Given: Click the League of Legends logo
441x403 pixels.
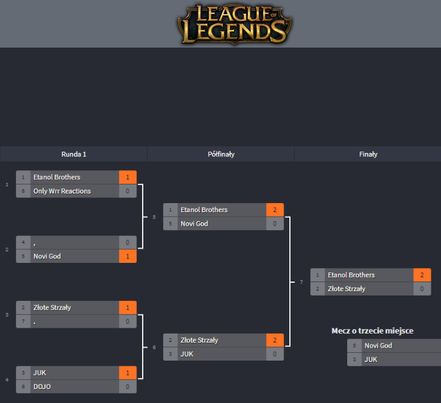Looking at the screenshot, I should pyautogui.click(x=233, y=24).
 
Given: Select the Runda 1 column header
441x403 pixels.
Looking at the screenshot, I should pyautogui.click(x=73, y=154).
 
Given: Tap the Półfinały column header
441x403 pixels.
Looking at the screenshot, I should pyautogui.click(x=221, y=154).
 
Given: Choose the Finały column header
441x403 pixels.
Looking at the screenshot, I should pyautogui.click(x=368, y=154).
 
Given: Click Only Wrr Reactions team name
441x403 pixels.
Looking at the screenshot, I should pyautogui.click(x=62, y=191).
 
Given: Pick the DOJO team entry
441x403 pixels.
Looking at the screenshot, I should pyautogui.click(x=42, y=386).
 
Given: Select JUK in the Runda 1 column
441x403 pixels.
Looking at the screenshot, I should pyautogui.click(x=40, y=373).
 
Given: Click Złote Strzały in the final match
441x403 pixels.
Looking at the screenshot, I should pyautogui.click(x=346, y=289).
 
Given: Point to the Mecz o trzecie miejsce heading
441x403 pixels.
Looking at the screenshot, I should pyautogui.click(x=372, y=331).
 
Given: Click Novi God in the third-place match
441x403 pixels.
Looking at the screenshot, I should pyautogui.click(x=378, y=346).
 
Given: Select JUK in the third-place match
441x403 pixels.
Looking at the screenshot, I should pyautogui.click(x=370, y=359).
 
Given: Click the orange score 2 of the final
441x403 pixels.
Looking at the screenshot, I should pyautogui.click(x=422, y=275).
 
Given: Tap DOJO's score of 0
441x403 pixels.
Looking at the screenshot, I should pyautogui.click(x=128, y=386).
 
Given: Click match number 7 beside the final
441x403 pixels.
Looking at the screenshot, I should pyautogui.click(x=301, y=282).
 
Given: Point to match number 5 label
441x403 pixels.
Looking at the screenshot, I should pyautogui.click(x=154, y=217).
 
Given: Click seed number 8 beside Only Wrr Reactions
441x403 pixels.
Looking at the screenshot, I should pyautogui.click(x=23, y=191).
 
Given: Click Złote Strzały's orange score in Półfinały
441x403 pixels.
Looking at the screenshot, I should pyautogui.click(x=274, y=340).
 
